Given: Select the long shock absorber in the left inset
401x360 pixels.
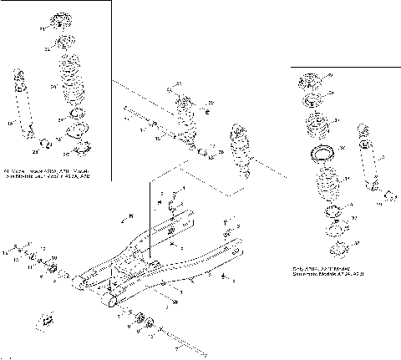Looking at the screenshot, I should tap(23, 104).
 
